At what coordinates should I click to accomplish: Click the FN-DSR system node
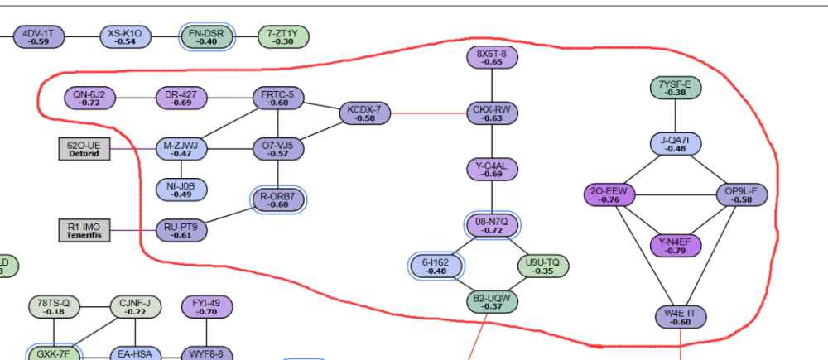(207, 36)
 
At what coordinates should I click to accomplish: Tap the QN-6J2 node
(89, 98)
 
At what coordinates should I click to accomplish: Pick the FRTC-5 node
(278, 98)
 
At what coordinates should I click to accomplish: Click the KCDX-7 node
(364, 113)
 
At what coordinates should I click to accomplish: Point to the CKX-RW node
(492, 113)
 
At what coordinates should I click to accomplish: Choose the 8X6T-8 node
(492, 56)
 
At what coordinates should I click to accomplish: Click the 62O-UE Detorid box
(84, 149)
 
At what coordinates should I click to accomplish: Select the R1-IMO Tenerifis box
(84, 231)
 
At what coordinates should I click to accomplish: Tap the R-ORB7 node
(278, 199)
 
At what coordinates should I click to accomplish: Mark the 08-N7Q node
(492, 225)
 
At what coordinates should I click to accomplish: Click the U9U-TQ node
(542, 266)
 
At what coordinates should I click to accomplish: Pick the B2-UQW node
(492, 301)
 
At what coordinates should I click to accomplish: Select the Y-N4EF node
(675, 245)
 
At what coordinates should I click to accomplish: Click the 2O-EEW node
(609, 194)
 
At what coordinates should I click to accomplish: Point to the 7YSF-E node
(675, 87)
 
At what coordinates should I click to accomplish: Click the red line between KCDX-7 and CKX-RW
(428, 113)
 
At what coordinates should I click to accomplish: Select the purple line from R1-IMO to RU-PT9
(132, 231)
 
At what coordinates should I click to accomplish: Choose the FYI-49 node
(206, 307)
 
